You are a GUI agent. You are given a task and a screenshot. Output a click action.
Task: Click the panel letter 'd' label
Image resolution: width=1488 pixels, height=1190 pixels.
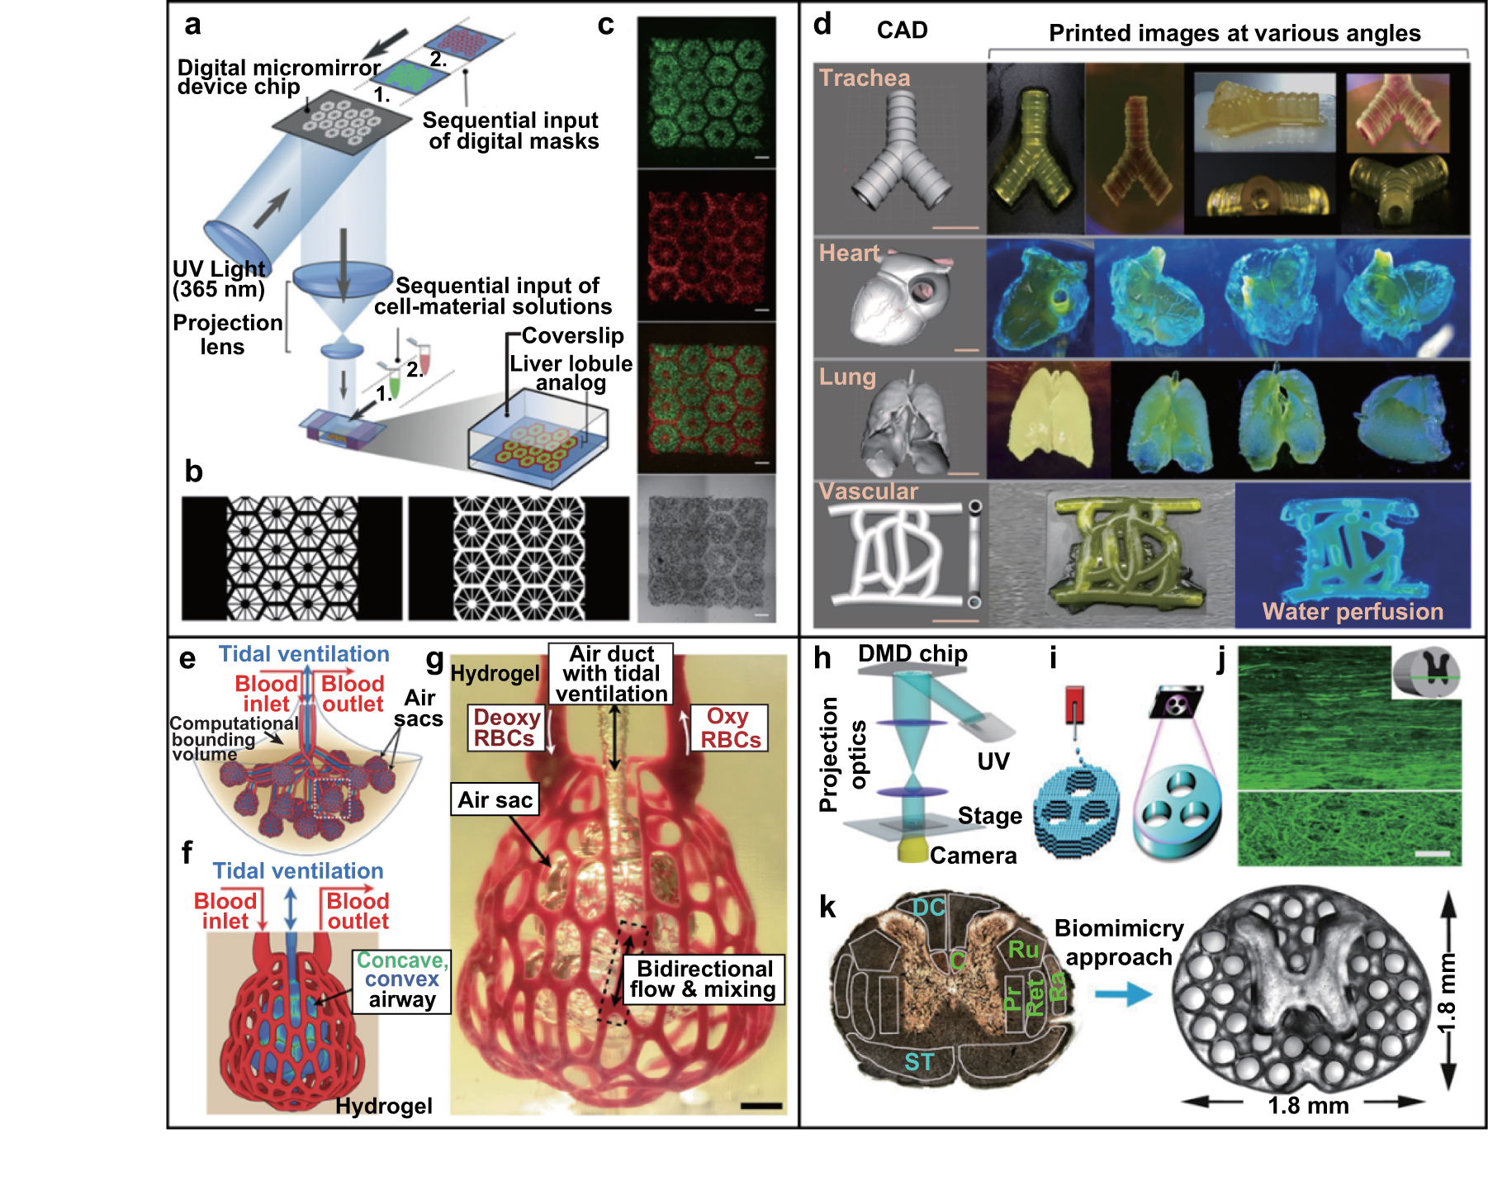(822, 25)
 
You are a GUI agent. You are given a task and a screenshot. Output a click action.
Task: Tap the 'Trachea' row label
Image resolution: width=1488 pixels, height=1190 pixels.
(865, 78)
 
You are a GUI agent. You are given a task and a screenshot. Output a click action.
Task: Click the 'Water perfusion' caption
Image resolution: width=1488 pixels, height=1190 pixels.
(1353, 612)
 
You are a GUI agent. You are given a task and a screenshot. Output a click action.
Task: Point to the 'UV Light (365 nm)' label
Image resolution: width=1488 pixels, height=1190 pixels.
(219, 279)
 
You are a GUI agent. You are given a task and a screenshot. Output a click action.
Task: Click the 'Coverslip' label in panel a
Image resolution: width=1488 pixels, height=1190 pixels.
(572, 336)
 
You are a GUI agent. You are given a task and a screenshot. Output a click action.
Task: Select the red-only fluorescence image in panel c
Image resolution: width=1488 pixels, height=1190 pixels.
(707, 245)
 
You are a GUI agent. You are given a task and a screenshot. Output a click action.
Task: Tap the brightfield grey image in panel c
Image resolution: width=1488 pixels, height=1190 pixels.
(707, 548)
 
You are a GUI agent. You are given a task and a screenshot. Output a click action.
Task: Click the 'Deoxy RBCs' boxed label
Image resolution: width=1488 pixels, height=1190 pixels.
(506, 728)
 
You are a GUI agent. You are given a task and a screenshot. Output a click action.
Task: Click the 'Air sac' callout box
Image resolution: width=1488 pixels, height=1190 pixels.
(495, 799)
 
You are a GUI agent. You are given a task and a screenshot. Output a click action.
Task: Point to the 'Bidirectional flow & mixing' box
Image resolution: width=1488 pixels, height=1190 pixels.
(704, 979)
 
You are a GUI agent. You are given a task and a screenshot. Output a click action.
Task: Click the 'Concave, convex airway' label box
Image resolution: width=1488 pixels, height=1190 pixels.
(402, 980)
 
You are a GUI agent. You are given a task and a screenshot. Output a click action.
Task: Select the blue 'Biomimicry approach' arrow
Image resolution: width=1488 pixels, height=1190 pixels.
(1122, 993)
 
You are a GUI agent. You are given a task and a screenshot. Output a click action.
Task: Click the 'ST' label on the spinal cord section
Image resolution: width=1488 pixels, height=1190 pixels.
(919, 1062)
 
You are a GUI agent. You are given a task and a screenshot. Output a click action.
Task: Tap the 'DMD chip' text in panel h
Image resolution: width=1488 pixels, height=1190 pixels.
(912, 654)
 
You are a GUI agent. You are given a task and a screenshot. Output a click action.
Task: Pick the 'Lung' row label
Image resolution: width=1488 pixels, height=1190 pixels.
(847, 377)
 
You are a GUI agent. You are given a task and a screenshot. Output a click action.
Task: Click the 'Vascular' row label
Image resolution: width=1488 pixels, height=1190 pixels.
(868, 492)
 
